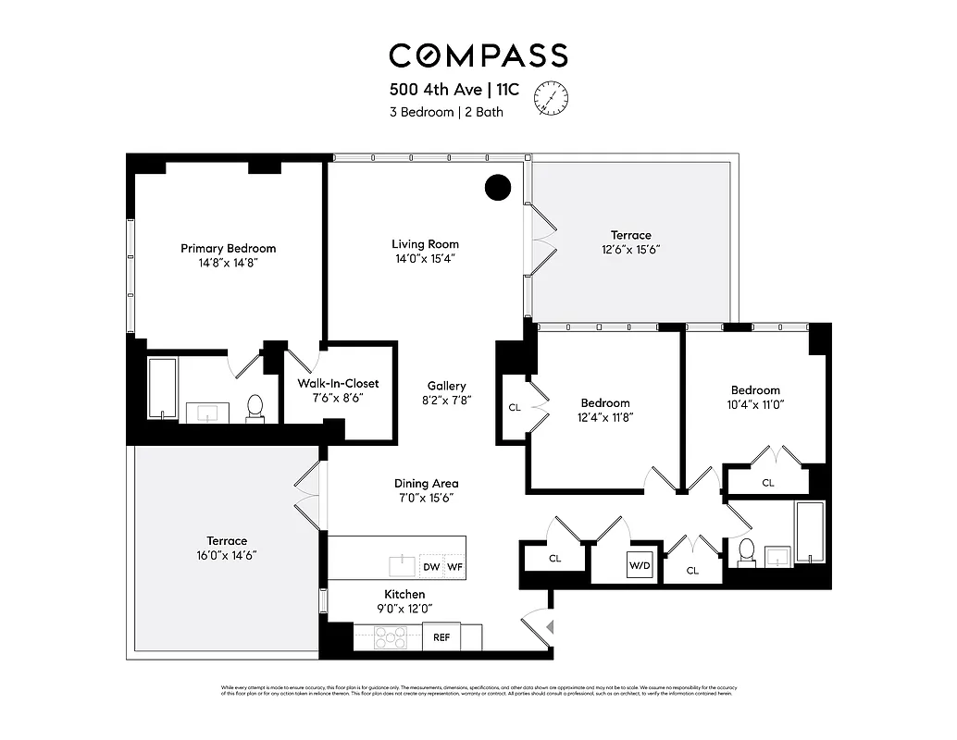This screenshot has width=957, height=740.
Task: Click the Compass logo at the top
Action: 478,55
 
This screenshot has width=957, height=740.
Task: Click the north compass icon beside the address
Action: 553,98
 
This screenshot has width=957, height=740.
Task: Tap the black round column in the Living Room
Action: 498,188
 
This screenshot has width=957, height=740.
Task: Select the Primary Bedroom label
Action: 228,248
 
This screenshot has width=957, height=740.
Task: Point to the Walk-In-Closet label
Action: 338,383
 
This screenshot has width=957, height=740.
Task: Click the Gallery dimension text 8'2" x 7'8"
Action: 446,401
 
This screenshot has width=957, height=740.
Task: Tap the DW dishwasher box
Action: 431,566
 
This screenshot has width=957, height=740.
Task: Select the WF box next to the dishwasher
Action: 454,566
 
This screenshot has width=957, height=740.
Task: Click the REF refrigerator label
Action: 441,637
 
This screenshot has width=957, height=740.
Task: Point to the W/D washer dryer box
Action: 640,564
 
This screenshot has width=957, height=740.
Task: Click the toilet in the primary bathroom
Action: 255,408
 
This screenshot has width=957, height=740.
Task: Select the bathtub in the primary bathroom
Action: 162,388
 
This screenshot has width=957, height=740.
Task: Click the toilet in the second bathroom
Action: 746,551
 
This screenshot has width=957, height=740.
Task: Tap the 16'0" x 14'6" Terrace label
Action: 227,548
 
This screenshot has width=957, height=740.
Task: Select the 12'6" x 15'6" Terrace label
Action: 630,242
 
